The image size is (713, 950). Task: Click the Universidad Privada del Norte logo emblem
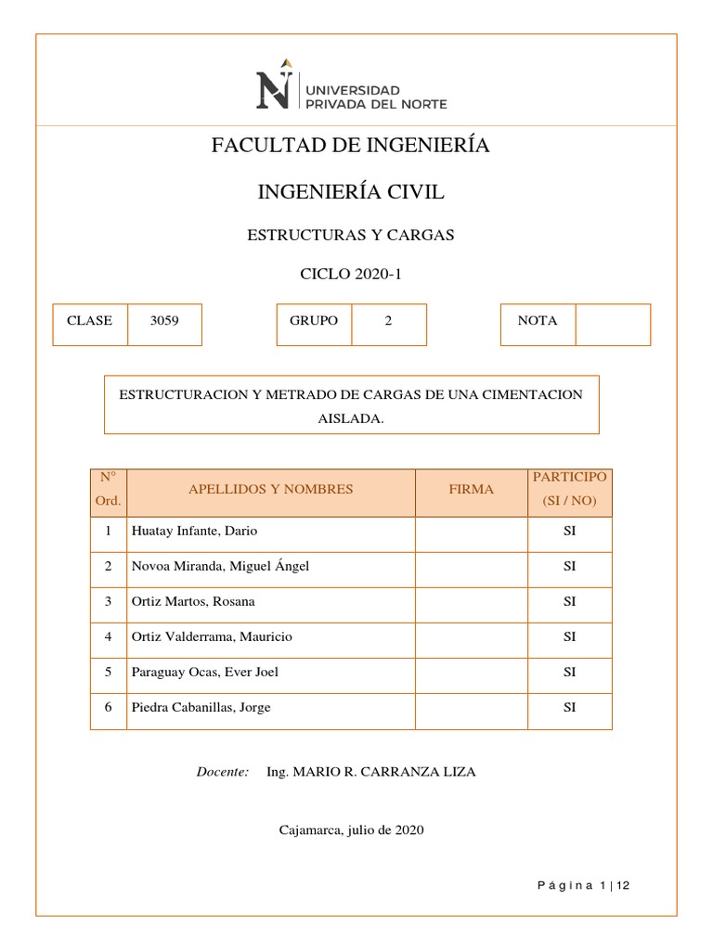tap(277, 83)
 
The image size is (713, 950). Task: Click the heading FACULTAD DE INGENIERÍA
tap(351, 146)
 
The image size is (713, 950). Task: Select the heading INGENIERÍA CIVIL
tap(351, 192)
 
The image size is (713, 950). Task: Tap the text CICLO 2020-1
tap(351, 275)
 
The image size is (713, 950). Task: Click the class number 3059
tap(164, 321)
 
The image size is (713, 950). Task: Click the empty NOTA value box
tap(613, 325)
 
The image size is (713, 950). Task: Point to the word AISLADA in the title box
tap(351, 418)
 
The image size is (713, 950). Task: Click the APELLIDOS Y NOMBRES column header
tap(271, 489)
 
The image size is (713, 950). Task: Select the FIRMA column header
tap(472, 489)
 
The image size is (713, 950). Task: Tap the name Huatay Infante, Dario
tap(195, 532)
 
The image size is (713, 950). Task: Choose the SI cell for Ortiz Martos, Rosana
tap(570, 602)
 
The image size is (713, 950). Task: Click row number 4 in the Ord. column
tap(109, 637)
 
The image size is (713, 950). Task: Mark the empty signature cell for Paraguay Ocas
tap(472, 673)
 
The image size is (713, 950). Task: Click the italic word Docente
tap(223, 772)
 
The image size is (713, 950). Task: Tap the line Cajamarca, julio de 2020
tap(351, 830)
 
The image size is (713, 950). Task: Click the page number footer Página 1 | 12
tap(584, 886)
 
